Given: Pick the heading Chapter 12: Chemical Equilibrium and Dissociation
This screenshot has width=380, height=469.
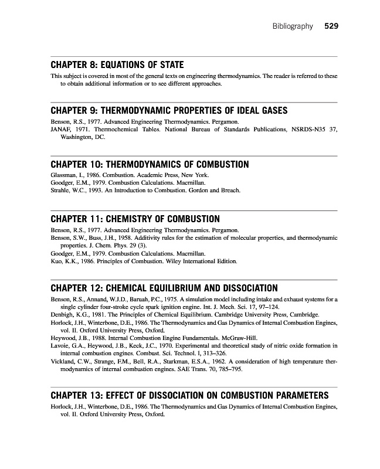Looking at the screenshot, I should pos(164,288).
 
